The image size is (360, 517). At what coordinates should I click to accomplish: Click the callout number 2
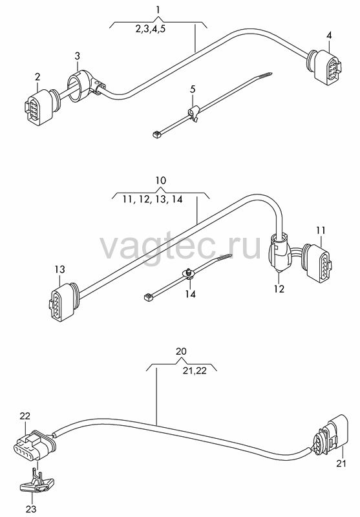tap(37, 77)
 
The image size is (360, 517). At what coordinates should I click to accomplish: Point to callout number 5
tap(193, 89)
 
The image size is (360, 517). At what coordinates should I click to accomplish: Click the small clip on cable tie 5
tap(193, 114)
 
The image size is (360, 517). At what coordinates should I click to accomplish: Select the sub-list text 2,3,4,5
tap(151, 28)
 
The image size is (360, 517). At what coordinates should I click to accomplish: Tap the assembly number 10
tap(160, 180)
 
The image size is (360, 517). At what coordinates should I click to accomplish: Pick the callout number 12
tap(279, 288)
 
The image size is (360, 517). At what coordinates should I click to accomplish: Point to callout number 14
tap(190, 293)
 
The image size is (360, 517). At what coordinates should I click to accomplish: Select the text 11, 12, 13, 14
tap(153, 199)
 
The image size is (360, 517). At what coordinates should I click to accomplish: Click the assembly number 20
tap(181, 351)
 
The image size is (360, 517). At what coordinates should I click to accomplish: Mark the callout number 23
tap(30, 509)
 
